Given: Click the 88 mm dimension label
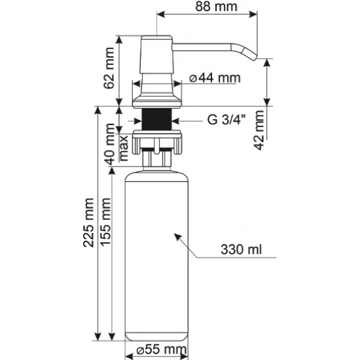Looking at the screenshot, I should [216, 7].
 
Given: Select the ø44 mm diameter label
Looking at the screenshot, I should [215, 78].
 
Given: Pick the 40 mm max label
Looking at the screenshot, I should [116, 148].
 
